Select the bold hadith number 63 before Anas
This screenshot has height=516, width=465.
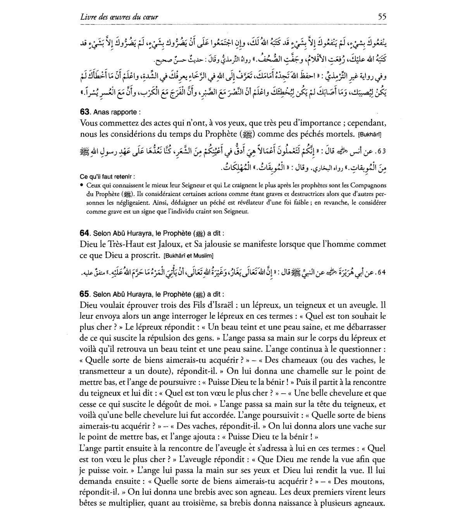[x=85, y=112]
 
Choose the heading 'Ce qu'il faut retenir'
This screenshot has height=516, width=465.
[x=105, y=177]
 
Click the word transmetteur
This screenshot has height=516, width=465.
[x=102, y=371]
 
